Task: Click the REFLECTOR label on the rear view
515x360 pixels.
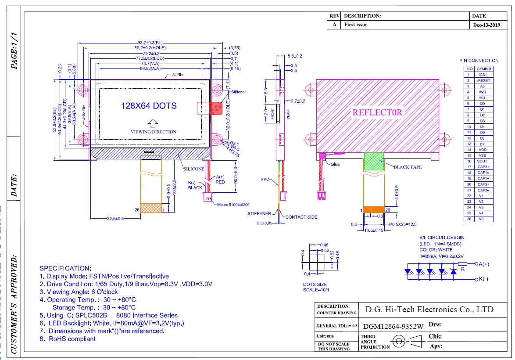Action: pyautogui.click(x=377, y=112)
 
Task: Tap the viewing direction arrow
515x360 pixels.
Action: pyautogui.click(x=153, y=123)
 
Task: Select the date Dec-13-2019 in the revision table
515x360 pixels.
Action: pyautogui.click(x=486, y=25)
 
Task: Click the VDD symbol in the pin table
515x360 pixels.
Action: pyautogui.click(x=483, y=150)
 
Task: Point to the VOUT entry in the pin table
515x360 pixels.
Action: pyautogui.click(x=483, y=161)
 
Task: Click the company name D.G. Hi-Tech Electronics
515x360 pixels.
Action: pyautogui.click(x=429, y=310)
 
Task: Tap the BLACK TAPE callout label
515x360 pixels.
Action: pyautogui.click(x=408, y=167)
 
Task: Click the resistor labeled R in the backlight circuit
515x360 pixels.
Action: pyautogui.click(x=462, y=264)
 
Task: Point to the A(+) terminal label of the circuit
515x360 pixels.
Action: pyautogui.click(x=484, y=264)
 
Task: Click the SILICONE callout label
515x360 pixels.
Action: pyautogui.click(x=193, y=169)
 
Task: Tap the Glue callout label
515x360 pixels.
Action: pyautogui.click(x=335, y=164)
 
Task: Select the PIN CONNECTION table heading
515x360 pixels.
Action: pyautogui.click(x=479, y=61)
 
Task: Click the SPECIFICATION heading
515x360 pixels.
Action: pyautogui.click(x=65, y=268)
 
